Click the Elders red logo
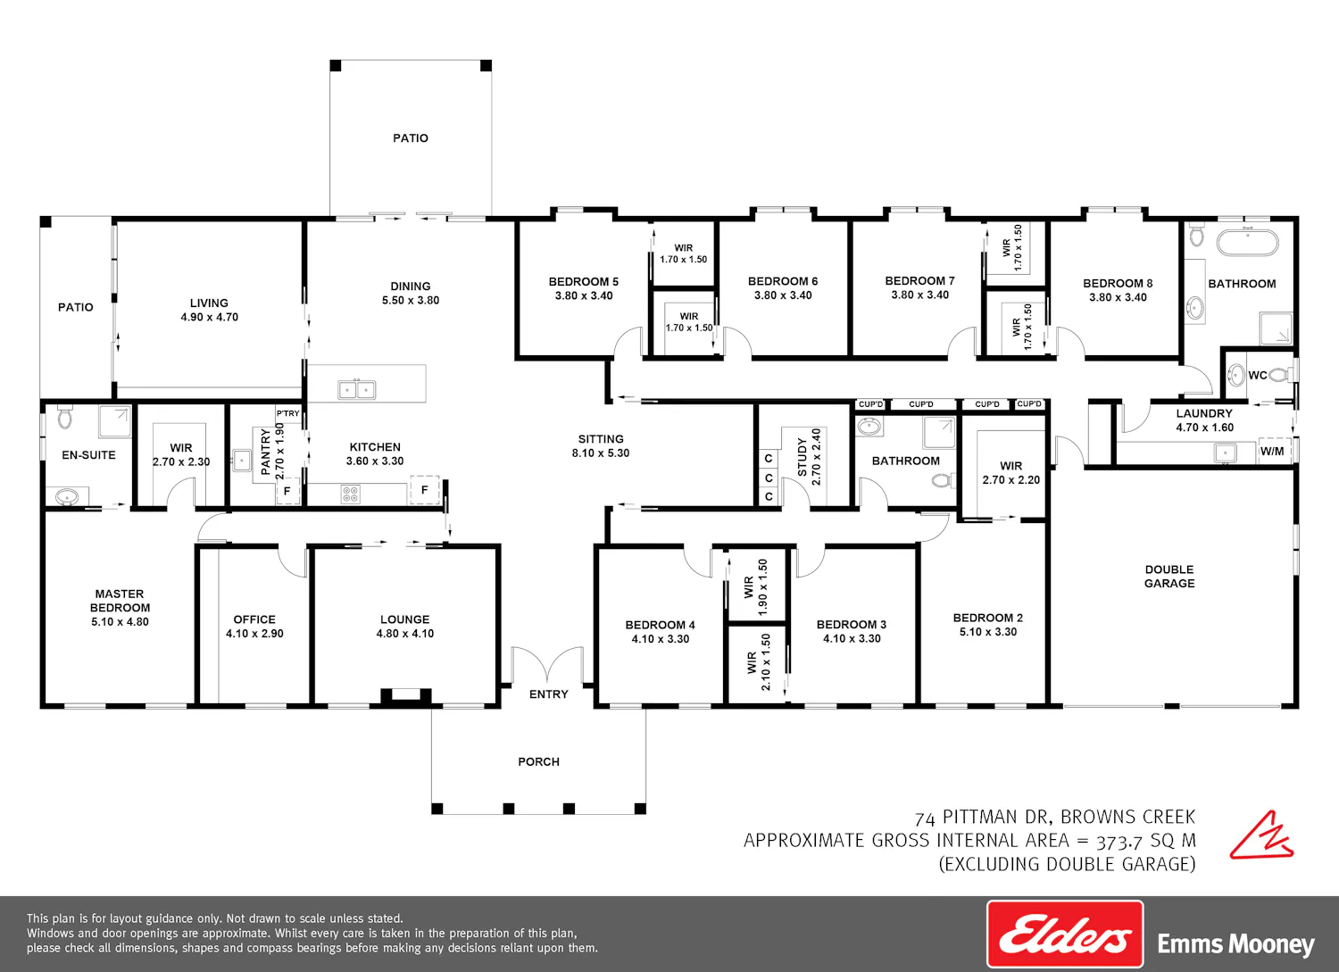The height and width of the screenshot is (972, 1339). point(1065,934)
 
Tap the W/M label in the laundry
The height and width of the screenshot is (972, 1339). point(1272,452)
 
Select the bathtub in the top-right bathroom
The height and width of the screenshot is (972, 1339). point(1248,242)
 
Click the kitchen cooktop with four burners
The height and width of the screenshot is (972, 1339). point(350,494)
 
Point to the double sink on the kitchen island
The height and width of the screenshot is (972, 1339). point(357,390)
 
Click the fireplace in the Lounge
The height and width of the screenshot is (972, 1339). point(406,697)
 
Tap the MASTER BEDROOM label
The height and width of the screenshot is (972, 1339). point(120,600)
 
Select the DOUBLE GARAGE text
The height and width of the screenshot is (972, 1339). point(1169,577)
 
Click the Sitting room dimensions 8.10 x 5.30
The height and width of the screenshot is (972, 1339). point(601,453)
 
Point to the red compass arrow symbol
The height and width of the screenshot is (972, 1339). point(1261,835)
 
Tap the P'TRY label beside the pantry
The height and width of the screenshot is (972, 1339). point(287,413)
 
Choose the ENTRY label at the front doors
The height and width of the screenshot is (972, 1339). point(548,694)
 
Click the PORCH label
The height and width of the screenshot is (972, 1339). point(538,761)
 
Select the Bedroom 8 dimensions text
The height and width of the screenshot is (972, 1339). point(1118,297)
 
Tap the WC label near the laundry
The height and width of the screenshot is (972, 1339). point(1258,375)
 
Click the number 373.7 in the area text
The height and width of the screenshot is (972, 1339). point(1120,842)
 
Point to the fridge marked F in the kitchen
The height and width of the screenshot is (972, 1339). point(424,490)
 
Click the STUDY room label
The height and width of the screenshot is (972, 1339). point(803,457)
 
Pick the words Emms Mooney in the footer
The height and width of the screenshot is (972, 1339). point(1235,944)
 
